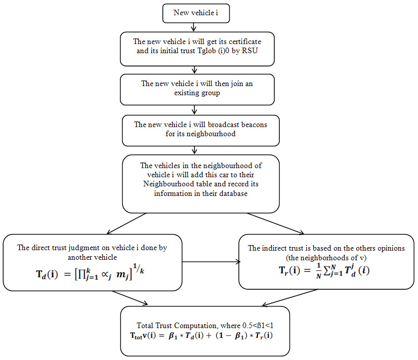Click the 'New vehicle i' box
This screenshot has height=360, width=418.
[196, 13]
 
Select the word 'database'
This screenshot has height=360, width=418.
[232, 193]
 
